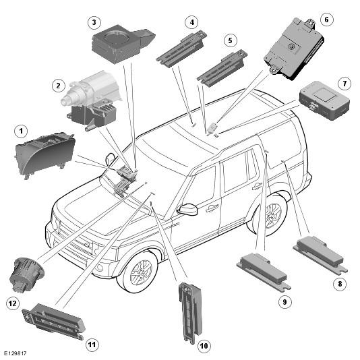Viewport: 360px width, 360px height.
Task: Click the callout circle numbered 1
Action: click(21, 131)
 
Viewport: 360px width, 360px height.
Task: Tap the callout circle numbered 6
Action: click(326, 20)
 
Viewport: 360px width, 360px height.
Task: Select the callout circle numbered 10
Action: click(204, 346)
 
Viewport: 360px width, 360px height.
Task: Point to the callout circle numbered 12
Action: click(12, 303)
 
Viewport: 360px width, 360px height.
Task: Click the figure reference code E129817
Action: click(15, 353)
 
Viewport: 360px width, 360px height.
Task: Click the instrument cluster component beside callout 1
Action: click(44, 155)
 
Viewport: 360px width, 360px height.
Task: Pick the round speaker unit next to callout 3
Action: click(123, 43)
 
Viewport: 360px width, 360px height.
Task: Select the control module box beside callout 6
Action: click(294, 49)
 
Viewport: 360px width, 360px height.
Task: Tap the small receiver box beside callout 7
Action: click(324, 100)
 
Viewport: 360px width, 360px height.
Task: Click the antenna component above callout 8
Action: click(320, 255)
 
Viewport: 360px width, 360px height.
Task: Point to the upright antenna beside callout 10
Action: click(190, 313)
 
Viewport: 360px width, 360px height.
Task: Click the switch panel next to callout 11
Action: click(54, 322)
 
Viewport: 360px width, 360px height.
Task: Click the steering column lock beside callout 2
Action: click(92, 100)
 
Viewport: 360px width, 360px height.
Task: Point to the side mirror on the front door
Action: click(188, 209)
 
